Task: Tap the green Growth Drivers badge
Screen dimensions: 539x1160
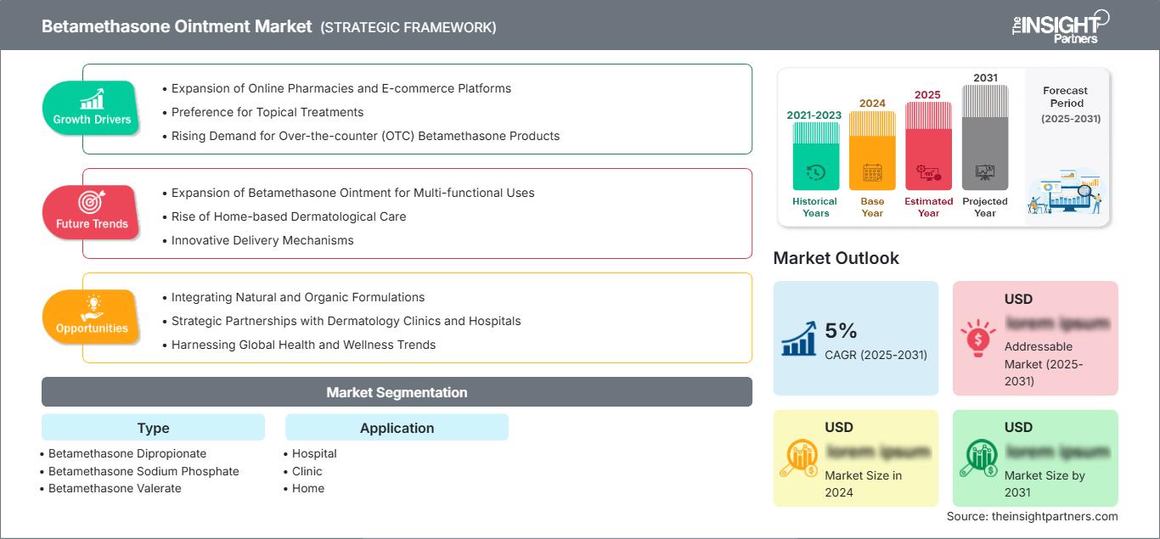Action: coord(92,107)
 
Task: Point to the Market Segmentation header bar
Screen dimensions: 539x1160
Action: coord(397,392)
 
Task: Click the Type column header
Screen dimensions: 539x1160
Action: coord(153,428)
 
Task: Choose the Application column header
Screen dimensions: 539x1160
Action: coord(397,428)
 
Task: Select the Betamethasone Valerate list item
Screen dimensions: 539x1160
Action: coord(115,488)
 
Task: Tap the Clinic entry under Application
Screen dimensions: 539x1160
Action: coord(307,471)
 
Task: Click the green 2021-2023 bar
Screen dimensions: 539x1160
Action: coord(815,156)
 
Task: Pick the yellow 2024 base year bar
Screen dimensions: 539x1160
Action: coord(872,151)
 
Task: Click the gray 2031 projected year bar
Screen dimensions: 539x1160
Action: coord(985,138)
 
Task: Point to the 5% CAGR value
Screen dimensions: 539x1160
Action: coord(841,331)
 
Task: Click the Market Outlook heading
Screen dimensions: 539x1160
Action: coord(836,258)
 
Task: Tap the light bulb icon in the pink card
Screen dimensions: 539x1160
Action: coord(977,337)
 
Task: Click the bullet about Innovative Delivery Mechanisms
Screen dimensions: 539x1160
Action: coord(262,240)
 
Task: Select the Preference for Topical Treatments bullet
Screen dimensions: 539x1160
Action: coord(267,112)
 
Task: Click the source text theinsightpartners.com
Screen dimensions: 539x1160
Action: coord(1033,516)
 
